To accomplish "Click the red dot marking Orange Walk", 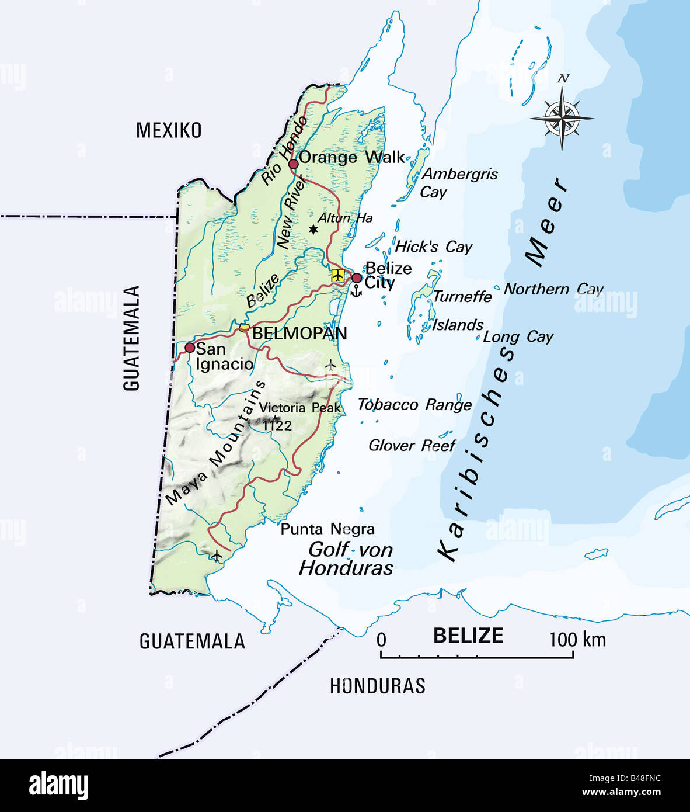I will tap(294, 164).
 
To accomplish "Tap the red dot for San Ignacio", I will tap(190, 348).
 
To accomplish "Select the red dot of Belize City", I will tap(357, 277).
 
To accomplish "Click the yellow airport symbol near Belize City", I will tap(337, 275).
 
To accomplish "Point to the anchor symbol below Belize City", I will tap(356, 290).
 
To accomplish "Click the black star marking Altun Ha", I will tap(313, 230).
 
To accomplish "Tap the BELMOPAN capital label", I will tap(299, 334).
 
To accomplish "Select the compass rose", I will tap(562, 118).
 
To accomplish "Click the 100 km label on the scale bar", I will tap(577, 639).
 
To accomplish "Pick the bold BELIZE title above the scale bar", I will tap(468, 635).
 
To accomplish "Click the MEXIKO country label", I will tap(169, 130).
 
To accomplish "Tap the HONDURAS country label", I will tap(378, 686).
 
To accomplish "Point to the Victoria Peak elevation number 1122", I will tap(277, 425).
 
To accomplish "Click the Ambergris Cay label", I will tap(459, 182).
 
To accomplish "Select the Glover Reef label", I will tap(412, 446).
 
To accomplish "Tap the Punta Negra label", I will tap(327, 529).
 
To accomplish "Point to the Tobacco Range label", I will tap(414, 405).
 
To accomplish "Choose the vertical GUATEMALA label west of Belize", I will tap(132, 338).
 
